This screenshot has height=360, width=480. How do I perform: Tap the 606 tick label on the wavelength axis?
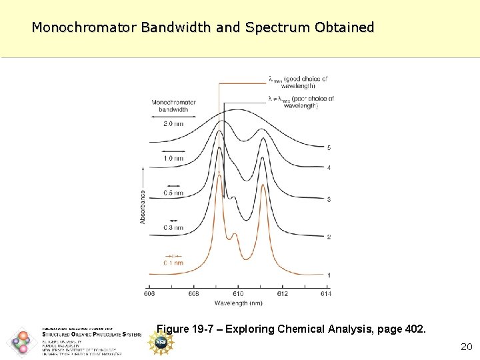pyautogui.click(x=151, y=294)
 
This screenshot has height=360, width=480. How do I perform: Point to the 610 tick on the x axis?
pyautogui.click(x=238, y=294)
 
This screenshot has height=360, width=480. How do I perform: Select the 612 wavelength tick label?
pyautogui.click(x=282, y=294)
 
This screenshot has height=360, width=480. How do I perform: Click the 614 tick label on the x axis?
pyautogui.click(x=325, y=294)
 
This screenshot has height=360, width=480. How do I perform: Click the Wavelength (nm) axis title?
pyautogui.click(x=238, y=303)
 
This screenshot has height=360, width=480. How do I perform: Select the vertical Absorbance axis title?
pyautogui.click(x=143, y=206)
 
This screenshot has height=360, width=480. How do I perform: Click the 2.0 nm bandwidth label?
pyautogui.click(x=173, y=124)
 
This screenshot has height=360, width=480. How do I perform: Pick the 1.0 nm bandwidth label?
pyautogui.click(x=173, y=159)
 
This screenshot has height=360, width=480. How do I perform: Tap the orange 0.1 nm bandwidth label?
pyautogui.click(x=173, y=263)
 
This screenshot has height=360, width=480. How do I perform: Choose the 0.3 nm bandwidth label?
pyautogui.click(x=173, y=228)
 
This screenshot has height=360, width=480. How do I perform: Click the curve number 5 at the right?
pyautogui.click(x=329, y=147)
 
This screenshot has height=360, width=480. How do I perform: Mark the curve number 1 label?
pyautogui.click(x=329, y=275)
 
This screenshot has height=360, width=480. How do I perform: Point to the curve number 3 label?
pyautogui.click(x=329, y=199)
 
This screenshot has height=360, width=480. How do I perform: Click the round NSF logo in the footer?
pyautogui.click(x=161, y=342)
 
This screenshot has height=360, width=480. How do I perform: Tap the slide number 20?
pyautogui.click(x=466, y=347)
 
